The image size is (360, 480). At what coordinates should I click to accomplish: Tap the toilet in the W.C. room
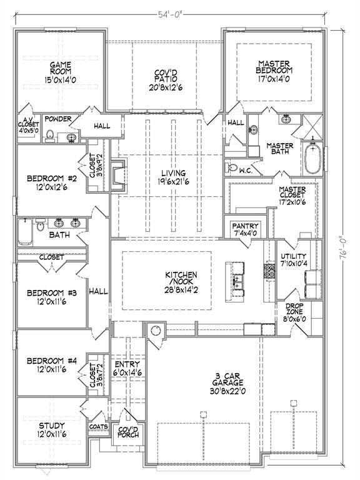tap(234, 167)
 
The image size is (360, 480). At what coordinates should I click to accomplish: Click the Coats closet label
tap(99, 427)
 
